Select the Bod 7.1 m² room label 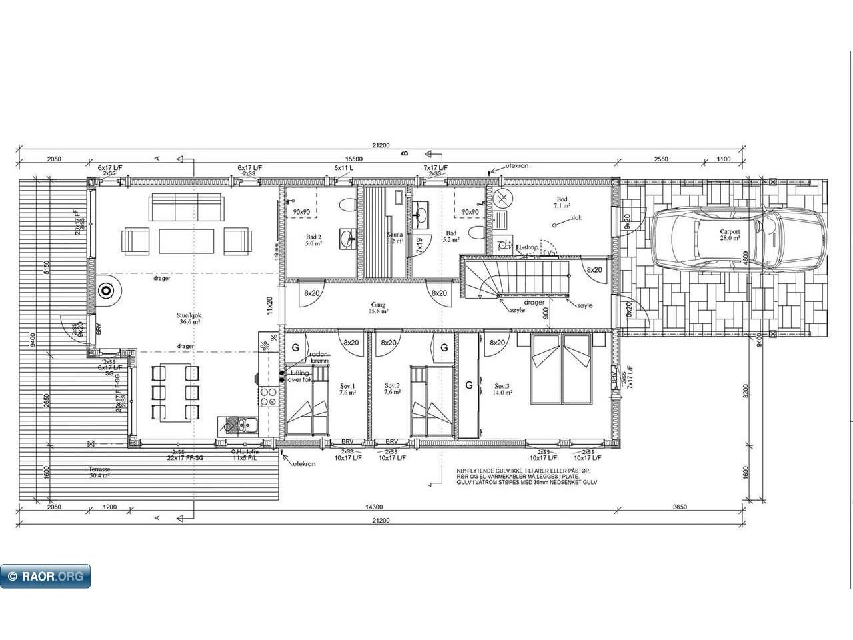coord(562,203)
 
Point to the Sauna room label coord(395,238)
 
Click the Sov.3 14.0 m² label coord(503,389)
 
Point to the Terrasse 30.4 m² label coord(99,472)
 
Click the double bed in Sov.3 coord(562,369)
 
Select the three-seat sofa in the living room coord(186,207)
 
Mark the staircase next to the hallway coord(517,278)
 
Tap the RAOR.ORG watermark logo coord(45,576)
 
